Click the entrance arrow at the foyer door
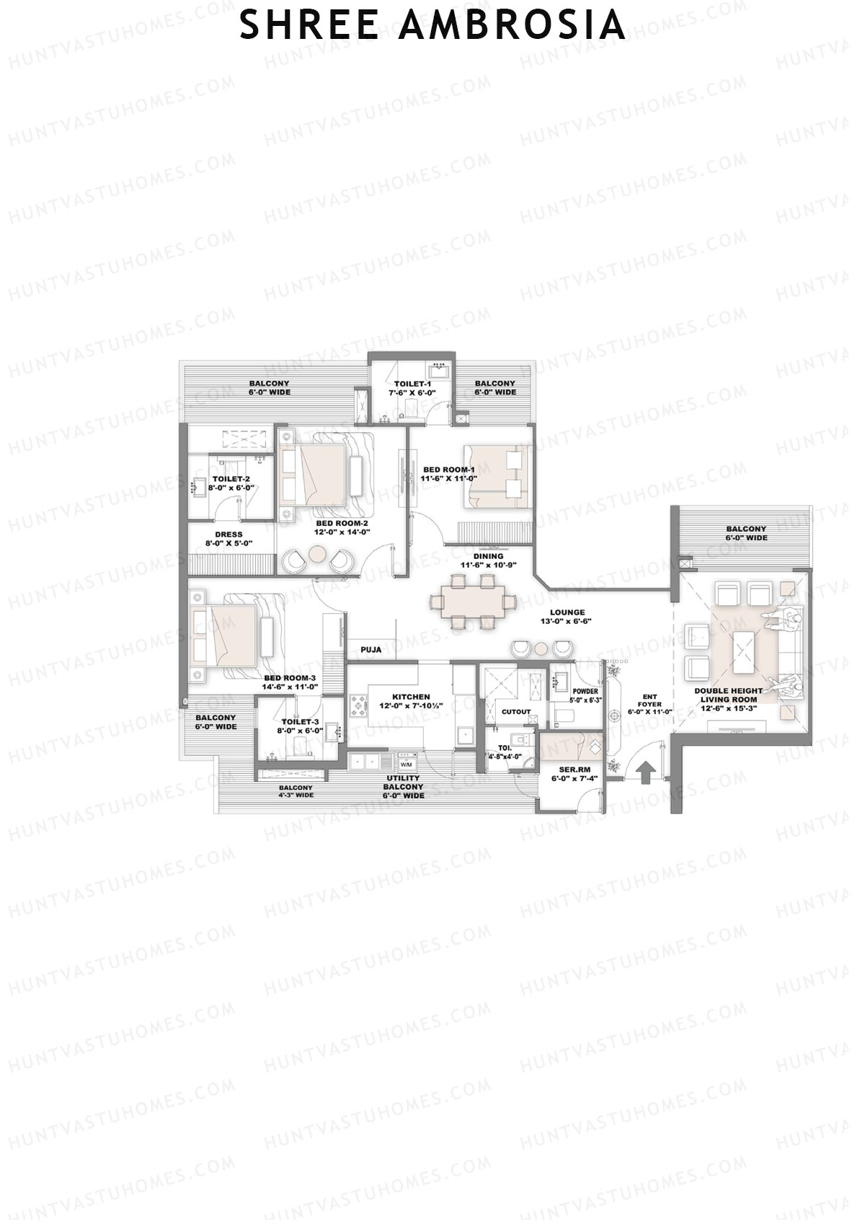coord(646,772)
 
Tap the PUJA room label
coord(371,650)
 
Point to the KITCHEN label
coord(411,697)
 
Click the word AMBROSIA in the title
coord(511,25)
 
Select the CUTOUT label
coord(516,712)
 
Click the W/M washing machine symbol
coord(405,764)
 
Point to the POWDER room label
coord(585,691)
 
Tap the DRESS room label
coord(229,534)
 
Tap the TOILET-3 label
coord(300,721)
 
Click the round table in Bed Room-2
coord(318,554)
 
